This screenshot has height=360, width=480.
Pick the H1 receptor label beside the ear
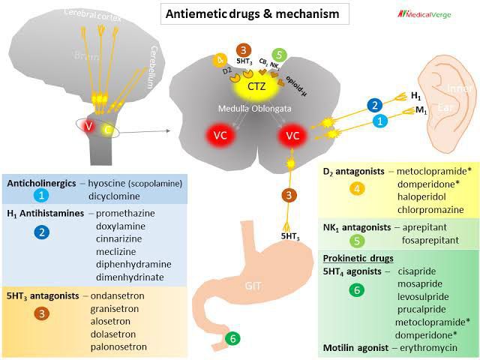[x=415, y=97]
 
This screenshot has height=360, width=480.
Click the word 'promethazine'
[x=126, y=213]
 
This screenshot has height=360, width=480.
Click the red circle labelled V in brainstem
[x=88, y=127]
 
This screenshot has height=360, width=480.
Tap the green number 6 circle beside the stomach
[x=233, y=339]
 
